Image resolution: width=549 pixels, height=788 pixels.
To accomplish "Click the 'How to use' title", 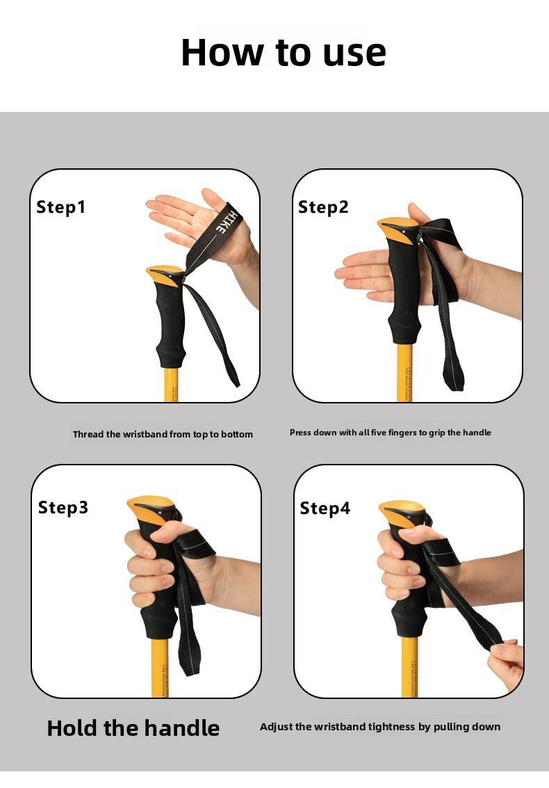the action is [x=284, y=52].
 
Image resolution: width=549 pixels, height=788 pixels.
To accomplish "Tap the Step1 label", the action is [x=60, y=207].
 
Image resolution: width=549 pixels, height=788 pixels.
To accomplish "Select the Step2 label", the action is [x=323, y=207].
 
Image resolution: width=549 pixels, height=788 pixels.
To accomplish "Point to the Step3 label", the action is [x=63, y=508].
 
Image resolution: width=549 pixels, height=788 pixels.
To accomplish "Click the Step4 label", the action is [x=325, y=508].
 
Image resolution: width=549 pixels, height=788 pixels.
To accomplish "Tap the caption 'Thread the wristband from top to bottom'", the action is [x=163, y=434].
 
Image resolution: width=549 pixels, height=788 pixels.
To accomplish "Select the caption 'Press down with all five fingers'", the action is [x=391, y=433].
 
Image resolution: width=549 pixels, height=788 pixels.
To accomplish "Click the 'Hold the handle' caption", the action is [x=133, y=727].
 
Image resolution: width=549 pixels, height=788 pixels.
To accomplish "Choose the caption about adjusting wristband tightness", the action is [x=380, y=727].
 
